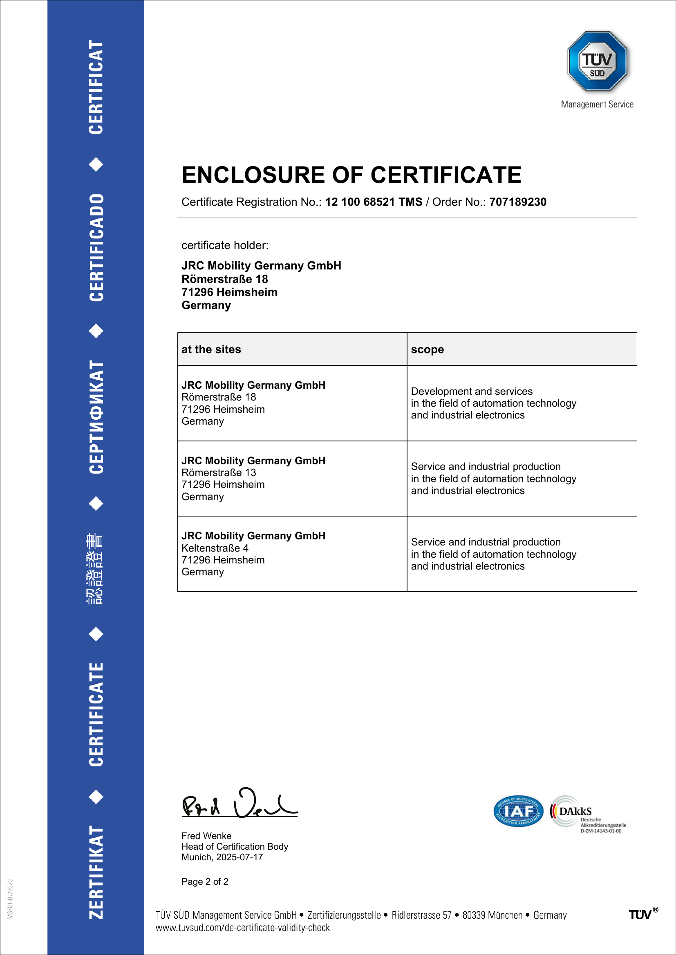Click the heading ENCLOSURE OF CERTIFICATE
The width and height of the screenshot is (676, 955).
pyautogui.click(x=351, y=175)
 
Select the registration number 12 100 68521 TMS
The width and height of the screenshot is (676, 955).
pyautogui.click(x=374, y=202)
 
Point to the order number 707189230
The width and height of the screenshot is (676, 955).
pyautogui.click(x=517, y=202)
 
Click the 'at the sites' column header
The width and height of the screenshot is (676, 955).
pyautogui.click(x=211, y=349)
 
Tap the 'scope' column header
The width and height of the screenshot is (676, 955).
pyautogui.click(x=427, y=349)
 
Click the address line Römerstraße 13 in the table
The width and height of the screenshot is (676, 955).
pyautogui.click(x=219, y=472)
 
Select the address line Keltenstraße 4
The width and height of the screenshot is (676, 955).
pyautogui.click(x=215, y=548)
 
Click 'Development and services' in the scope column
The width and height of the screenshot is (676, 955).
pyautogui.click(x=472, y=392)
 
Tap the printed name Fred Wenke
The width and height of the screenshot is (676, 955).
pyautogui.click(x=206, y=836)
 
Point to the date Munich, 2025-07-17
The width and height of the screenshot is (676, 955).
pyautogui.click(x=222, y=857)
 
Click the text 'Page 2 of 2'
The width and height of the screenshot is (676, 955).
pyautogui.click(x=205, y=882)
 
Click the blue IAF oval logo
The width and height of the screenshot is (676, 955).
pyautogui.click(x=518, y=811)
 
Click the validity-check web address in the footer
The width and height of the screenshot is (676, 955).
pyautogui.click(x=242, y=928)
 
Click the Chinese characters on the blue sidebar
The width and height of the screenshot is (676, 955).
pyautogui.click(x=95, y=568)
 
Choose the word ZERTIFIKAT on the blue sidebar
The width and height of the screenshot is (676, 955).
pyautogui.click(x=96, y=872)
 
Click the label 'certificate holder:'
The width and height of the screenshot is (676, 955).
pyautogui.click(x=225, y=245)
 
